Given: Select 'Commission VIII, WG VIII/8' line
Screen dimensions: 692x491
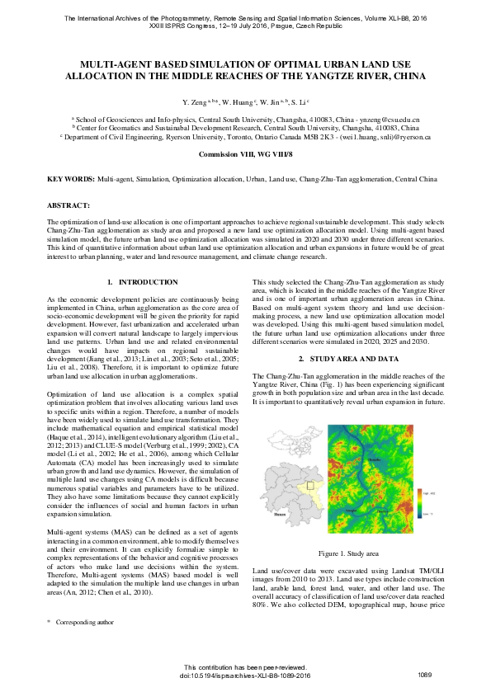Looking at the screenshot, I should pyautogui.click(x=245, y=154).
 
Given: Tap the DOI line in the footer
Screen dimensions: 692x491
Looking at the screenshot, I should pyautogui.click(x=245, y=676).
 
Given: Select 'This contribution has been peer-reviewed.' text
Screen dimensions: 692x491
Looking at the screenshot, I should pyautogui.click(x=245, y=667).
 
